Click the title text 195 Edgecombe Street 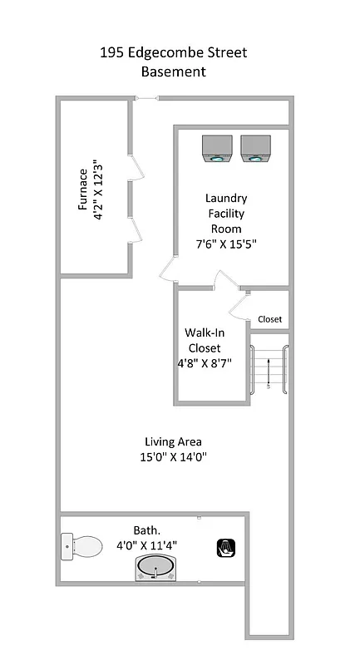[173, 53]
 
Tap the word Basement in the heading [173, 72]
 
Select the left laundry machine [217, 149]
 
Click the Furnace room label [83, 190]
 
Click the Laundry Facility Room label [225, 214]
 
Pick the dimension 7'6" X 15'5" [225, 244]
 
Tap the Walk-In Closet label [204, 340]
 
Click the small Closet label [269, 319]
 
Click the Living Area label [173, 441]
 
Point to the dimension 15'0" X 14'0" [173, 456]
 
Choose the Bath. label [146, 530]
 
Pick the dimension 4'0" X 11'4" [146, 546]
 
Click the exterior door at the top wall [146, 99]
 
